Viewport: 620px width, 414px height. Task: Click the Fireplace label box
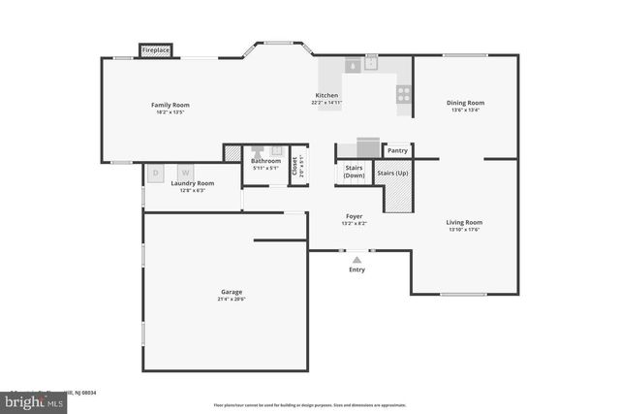pyautogui.click(x=156, y=49)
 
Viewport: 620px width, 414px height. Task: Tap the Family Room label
pyautogui.click(x=170, y=104)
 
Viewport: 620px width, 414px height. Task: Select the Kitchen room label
pyautogui.click(x=326, y=95)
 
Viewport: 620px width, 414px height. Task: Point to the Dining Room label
pyautogui.click(x=465, y=103)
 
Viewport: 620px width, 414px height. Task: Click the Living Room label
pyautogui.click(x=464, y=222)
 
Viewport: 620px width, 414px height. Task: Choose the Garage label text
pyautogui.click(x=231, y=291)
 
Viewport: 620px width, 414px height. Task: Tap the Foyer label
pyautogui.click(x=355, y=215)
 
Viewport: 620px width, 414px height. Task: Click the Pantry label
pyautogui.click(x=398, y=150)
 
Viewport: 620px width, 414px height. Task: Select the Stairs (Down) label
pyautogui.click(x=355, y=173)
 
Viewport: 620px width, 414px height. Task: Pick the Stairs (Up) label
pyautogui.click(x=392, y=173)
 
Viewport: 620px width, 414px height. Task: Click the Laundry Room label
pyautogui.click(x=192, y=183)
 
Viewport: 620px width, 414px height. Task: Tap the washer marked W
pyautogui.click(x=185, y=173)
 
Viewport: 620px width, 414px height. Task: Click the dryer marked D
pyautogui.click(x=155, y=173)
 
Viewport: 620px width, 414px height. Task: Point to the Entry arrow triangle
pyautogui.click(x=356, y=259)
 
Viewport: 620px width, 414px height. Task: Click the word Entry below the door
pyautogui.click(x=357, y=270)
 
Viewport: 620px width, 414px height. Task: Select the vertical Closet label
pyautogui.click(x=295, y=164)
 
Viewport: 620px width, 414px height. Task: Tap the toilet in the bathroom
pyautogui.click(x=258, y=151)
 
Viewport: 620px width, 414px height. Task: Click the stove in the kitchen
pyautogui.click(x=402, y=94)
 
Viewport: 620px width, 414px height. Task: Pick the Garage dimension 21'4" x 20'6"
pyautogui.click(x=231, y=299)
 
